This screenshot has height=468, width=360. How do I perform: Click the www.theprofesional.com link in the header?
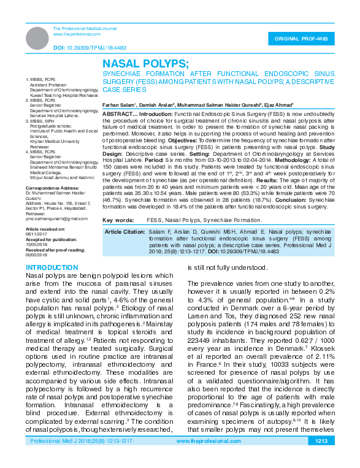(x=72, y=34)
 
